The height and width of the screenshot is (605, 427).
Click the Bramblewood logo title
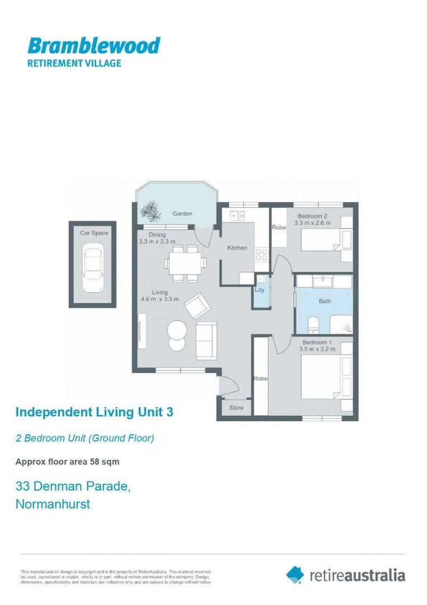93,45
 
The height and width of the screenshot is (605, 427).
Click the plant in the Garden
150,212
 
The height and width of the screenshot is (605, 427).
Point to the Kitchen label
237,248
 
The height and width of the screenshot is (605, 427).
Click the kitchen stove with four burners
261,255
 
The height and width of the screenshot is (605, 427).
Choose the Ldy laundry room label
259,290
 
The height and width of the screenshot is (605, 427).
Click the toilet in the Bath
314,324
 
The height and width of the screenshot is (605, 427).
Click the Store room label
236,408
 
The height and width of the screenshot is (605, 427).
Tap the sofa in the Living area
207,341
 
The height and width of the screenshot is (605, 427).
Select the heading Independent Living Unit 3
94,412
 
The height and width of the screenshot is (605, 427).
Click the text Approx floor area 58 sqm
67,462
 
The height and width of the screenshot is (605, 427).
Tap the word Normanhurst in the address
53,504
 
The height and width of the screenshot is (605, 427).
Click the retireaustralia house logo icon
295,574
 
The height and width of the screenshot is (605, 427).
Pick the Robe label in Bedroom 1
261,379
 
